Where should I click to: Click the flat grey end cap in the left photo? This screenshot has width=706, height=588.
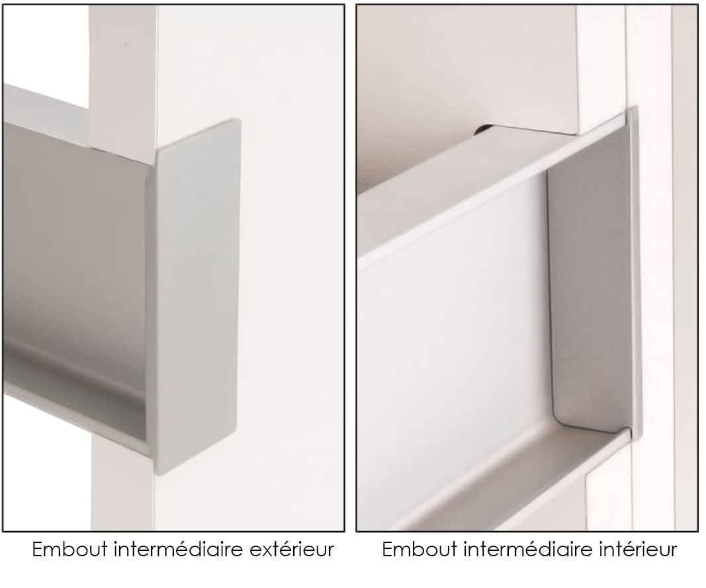[x=197, y=297]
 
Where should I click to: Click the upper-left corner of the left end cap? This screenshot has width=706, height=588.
[x=157, y=151]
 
